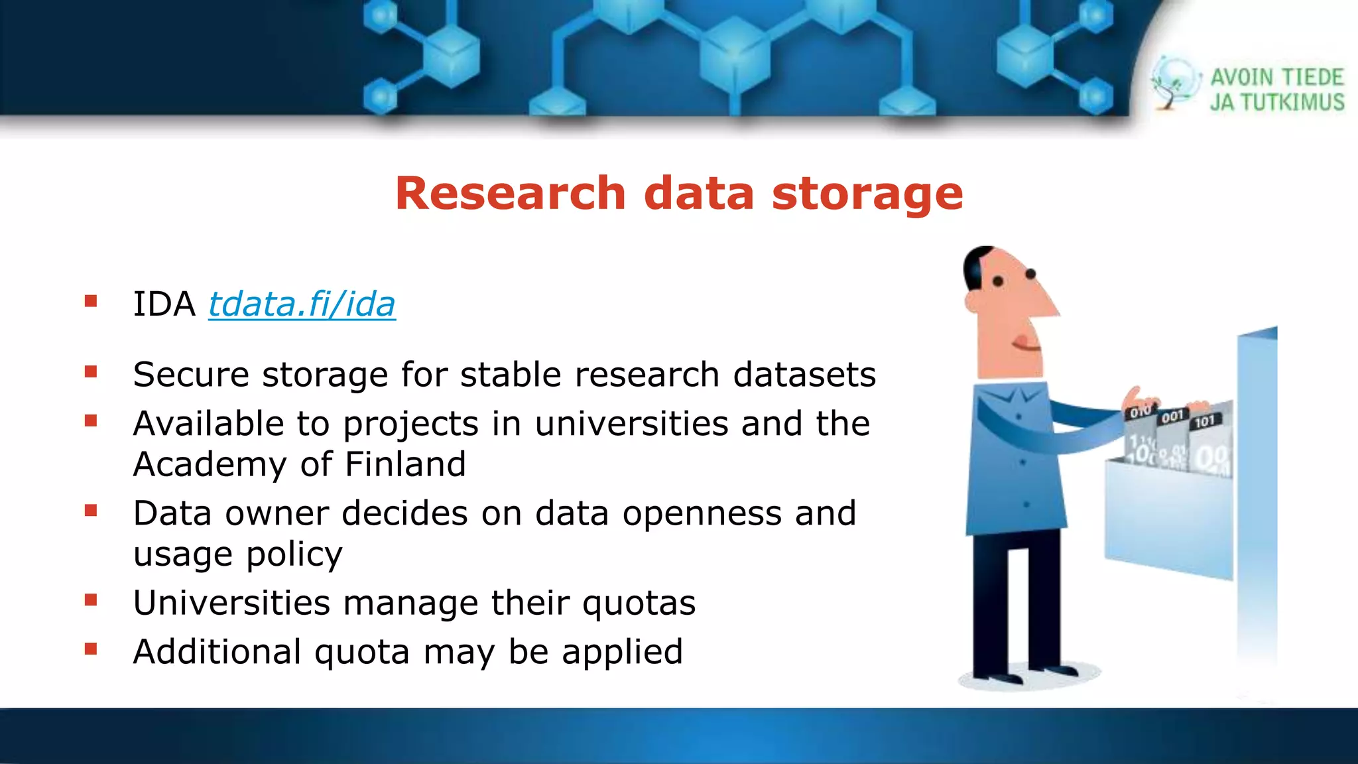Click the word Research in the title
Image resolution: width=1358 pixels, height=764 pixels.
510,194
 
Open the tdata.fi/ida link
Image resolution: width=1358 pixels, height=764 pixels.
302,304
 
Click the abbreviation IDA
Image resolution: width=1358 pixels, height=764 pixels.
164,304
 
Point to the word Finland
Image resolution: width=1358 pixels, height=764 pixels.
405,464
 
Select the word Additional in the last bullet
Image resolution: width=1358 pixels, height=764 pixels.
217,651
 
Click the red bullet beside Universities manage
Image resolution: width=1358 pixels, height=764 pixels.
91,601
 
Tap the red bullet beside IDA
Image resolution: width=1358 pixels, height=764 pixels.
91,302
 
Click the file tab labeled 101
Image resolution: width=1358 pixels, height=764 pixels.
1205,421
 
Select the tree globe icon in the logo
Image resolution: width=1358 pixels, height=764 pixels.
1174,83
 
